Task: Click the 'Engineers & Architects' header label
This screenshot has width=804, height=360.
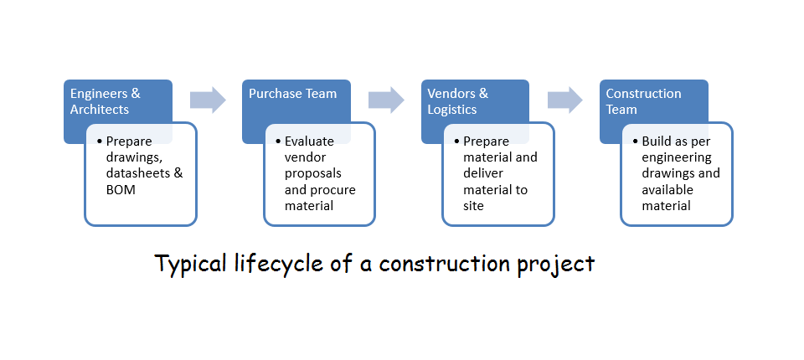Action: (x=106, y=101)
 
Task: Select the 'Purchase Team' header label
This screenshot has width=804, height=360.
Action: (x=293, y=93)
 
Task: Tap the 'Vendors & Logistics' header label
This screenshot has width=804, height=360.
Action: (x=458, y=101)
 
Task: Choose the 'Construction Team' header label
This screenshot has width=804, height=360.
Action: (x=643, y=101)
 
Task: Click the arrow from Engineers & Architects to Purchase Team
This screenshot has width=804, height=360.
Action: (x=208, y=100)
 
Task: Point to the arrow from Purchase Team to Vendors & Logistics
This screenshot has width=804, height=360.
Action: (x=386, y=100)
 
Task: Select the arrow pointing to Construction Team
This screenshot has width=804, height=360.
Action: (x=565, y=100)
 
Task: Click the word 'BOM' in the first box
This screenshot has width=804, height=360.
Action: (x=121, y=190)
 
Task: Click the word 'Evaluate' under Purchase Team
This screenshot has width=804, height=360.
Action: (x=309, y=141)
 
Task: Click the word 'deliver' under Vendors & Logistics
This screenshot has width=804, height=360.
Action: (x=483, y=173)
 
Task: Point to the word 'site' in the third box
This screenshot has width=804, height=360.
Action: (x=473, y=206)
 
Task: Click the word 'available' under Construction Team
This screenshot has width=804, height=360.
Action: (x=667, y=190)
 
